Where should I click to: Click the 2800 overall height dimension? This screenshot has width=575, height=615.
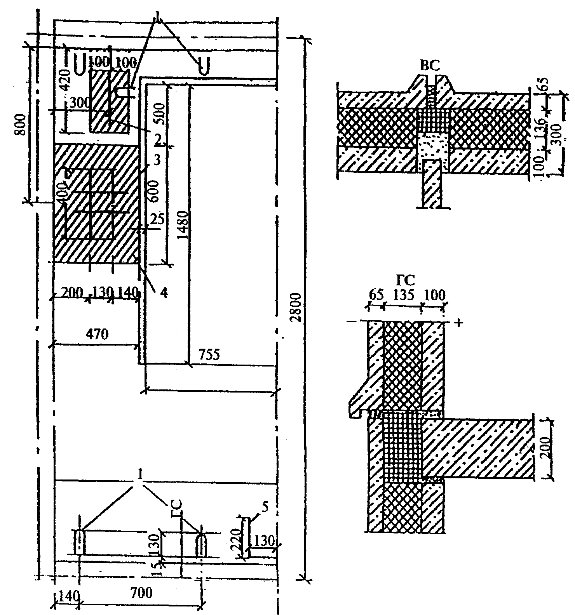coord(296,307)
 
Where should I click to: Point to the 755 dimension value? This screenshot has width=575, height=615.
coord(209,354)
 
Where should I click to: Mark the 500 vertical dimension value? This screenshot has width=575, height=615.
coord(160,112)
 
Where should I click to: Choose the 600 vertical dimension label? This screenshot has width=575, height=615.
coord(154,191)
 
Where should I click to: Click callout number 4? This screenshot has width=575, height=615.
coord(164,293)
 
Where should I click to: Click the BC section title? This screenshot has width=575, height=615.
coord(430,66)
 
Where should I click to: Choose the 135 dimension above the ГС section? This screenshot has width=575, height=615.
coord(403,295)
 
